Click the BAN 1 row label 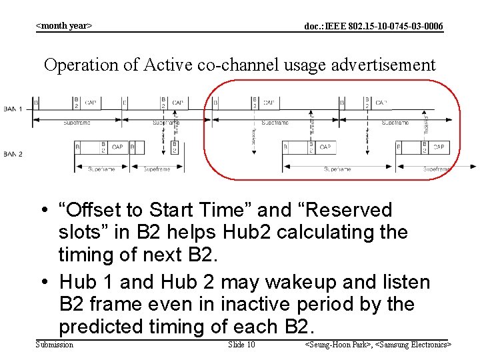coord(13,109)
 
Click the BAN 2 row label coord(13,154)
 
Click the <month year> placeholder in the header coord(63,26)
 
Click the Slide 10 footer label coord(241,344)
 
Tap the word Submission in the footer coord(54,344)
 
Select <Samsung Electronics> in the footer coord(414,344)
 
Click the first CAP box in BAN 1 coord(91,103)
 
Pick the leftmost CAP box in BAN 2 coord(117,147)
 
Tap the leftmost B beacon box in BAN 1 coord(36,103)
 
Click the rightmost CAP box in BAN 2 coord(439,147)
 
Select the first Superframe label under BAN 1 coord(77,123)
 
